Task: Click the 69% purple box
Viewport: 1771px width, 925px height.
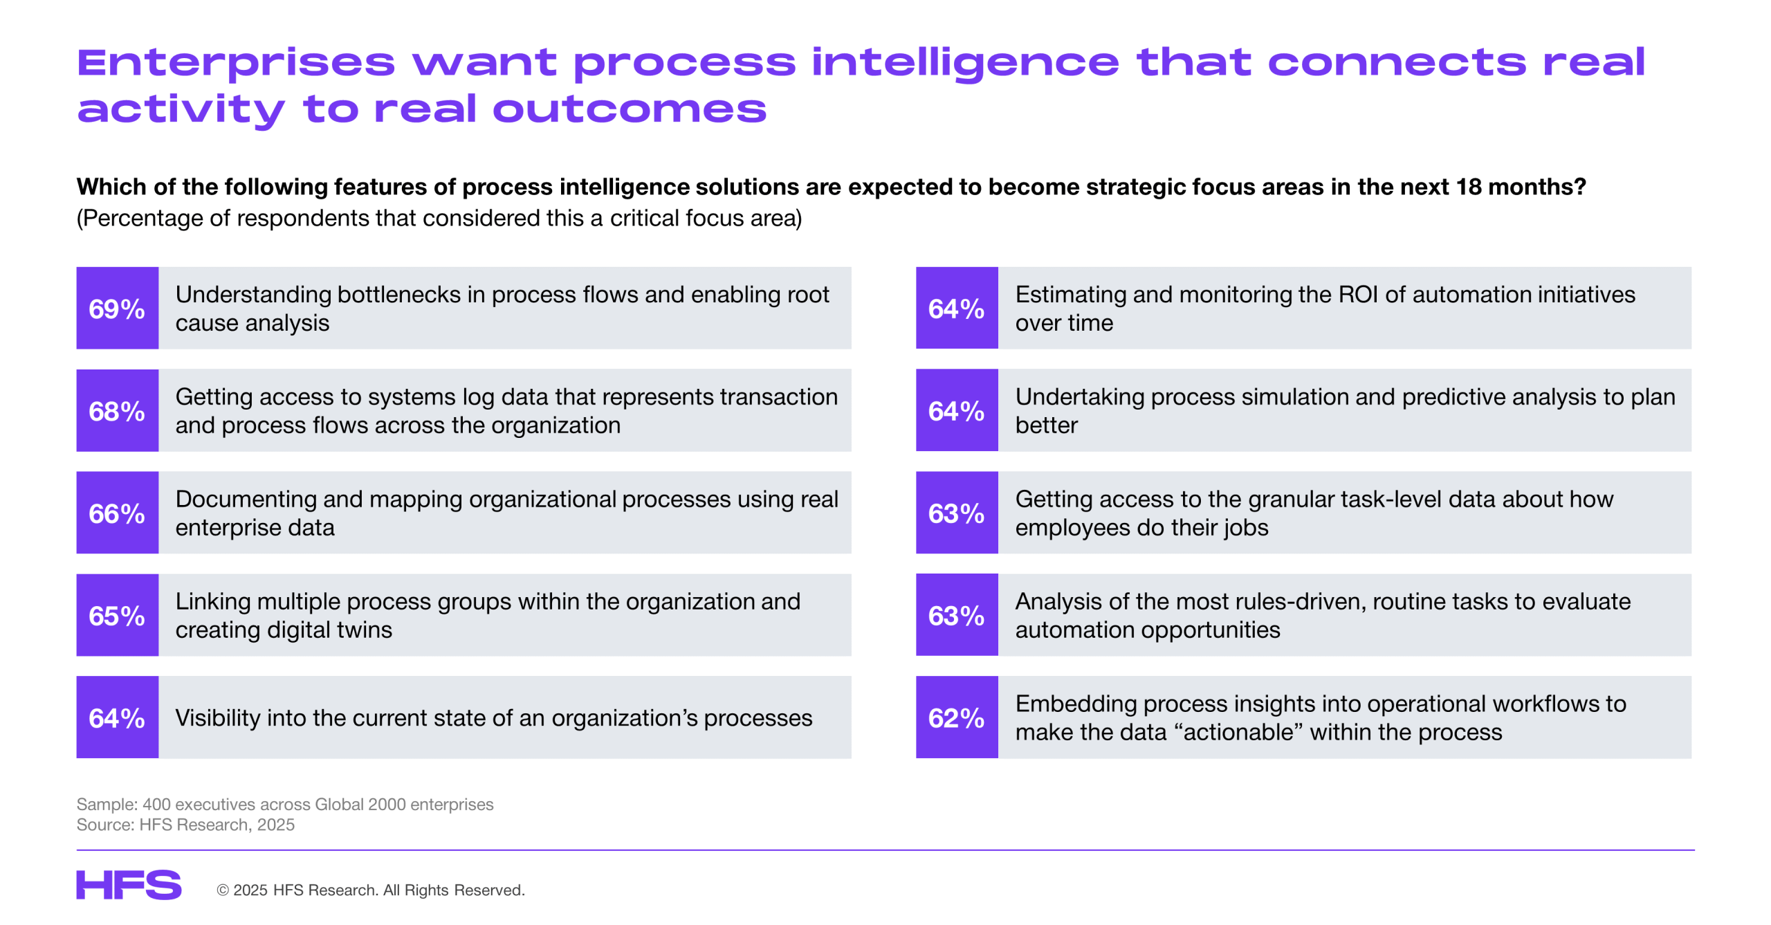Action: tap(117, 308)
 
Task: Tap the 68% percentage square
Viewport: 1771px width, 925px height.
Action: tap(117, 410)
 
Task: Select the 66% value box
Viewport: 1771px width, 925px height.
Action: tap(117, 513)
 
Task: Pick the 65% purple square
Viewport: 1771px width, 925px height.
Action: tap(117, 615)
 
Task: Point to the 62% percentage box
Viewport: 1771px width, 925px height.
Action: tap(957, 717)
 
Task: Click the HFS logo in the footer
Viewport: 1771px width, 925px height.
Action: tap(129, 885)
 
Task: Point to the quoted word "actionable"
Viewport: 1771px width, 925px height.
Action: tap(1238, 733)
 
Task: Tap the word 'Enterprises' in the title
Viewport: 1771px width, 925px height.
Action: tap(236, 64)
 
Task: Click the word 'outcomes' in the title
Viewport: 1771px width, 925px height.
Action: tap(630, 109)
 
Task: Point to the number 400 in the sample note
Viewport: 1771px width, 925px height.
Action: tap(156, 805)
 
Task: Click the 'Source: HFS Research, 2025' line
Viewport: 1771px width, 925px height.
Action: tap(185, 825)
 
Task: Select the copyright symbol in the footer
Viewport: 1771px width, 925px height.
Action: tap(223, 890)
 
